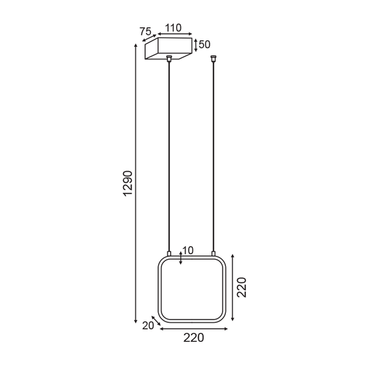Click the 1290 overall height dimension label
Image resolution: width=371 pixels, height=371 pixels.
point(128,184)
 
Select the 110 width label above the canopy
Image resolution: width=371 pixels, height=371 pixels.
point(172,29)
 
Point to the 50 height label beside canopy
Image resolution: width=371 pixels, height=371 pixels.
point(204,44)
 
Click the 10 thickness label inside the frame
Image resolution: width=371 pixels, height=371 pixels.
point(188,250)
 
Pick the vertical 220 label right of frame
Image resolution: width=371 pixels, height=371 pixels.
point(241,286)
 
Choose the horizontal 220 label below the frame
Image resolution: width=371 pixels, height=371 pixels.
point(193,337)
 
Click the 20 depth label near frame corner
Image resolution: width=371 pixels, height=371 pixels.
point(148,325)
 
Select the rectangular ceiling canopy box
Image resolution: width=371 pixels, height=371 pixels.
point(168,49)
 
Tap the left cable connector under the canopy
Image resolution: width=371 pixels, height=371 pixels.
point(169,59)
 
